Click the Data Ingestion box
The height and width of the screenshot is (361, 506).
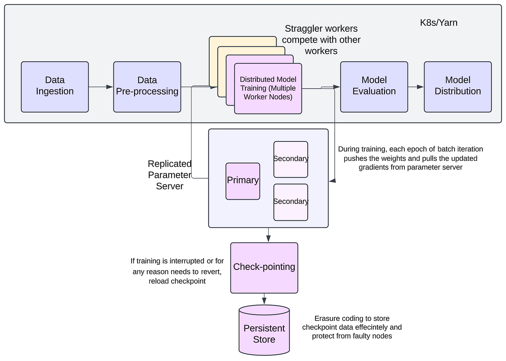(55, 87)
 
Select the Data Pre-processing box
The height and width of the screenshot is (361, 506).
(147, 87)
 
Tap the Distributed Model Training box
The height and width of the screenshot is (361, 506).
(268, 89)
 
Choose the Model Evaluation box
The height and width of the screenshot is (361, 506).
(374, 87)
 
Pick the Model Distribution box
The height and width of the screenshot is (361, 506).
(458, 87)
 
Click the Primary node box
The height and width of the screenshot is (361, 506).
(242, 181)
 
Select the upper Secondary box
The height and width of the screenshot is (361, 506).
(291, 159)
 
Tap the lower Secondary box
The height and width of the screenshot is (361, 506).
(291, 202)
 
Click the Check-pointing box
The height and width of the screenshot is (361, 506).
(264, 267)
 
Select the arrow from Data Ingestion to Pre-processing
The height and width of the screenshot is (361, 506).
(101, 87)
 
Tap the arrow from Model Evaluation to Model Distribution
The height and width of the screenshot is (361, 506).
(416, 87)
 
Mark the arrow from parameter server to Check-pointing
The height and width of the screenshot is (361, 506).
(268, 235)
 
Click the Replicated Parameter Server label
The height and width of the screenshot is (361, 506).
(170, 175)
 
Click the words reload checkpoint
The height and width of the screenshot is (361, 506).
(177, 281)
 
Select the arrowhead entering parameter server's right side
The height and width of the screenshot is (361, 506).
(332, 181)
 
